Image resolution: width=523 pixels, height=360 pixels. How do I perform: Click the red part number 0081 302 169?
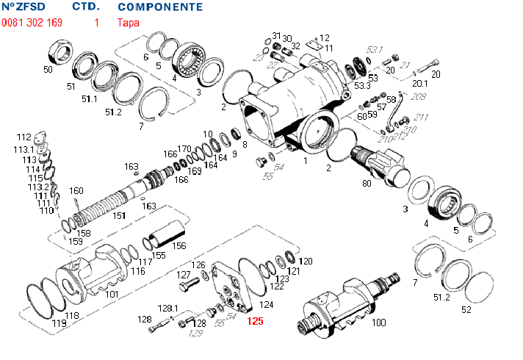click(32, 23)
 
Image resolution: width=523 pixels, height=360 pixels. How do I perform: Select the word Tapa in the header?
click(126, 23)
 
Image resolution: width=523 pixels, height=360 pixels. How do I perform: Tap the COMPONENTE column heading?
click(160, 7)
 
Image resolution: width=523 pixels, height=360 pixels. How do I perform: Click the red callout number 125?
click(255, 321)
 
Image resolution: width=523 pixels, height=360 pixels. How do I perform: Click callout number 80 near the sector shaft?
click(367, 184)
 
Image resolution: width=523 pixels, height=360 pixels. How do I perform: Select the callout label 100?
click(379, 323)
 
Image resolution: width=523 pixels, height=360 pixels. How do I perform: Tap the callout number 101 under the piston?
click(112, 294)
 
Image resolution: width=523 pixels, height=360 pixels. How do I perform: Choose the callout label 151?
click(118, 215)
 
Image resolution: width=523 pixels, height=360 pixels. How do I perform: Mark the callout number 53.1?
click(375, 49)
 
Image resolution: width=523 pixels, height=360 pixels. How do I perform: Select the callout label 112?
click(24, 137)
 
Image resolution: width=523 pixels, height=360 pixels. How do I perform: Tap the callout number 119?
click(59, 323)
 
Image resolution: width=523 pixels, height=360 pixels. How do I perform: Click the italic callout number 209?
click(419, 97)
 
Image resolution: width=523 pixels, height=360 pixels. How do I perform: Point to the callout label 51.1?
click(90, 98)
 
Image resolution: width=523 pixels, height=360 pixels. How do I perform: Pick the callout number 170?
click(184, 149)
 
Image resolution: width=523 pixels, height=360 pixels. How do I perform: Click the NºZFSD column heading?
click(29, 7)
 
